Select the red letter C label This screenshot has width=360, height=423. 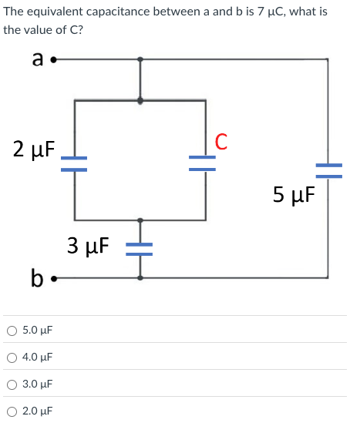[221, 141]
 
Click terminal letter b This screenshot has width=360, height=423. [36, 277]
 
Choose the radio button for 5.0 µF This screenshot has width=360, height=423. [12, 331]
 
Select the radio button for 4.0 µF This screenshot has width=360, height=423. [12, 358]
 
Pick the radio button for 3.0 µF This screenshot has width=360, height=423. [12, 384]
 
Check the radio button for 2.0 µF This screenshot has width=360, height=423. [12, 411]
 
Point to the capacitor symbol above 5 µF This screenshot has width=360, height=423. [328, 169]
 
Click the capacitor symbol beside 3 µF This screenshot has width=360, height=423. [140, 247]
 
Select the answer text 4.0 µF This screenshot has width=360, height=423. [38, 358]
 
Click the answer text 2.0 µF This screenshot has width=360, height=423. [38, 411]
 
